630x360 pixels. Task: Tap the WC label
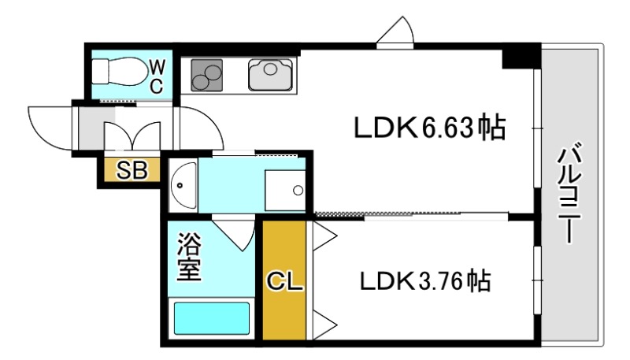tap(157, 76)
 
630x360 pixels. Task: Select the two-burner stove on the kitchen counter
tap(206, 75)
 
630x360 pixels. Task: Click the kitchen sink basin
tap(270, 75)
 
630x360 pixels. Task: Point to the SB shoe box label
tap(132, 170)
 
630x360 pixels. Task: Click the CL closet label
tap(284, 281)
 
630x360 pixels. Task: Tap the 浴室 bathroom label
tap(189, 257)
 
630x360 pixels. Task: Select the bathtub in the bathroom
tap(211, 318)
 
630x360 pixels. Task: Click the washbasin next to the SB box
tap(183, 185)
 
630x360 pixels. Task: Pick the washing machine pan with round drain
tap(285, 191)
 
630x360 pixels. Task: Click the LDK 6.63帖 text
tap(429, 128)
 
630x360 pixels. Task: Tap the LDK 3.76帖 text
tap(425, 281)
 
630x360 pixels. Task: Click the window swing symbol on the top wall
tap(395, 32)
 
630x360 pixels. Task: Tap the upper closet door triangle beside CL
tap(324, 236)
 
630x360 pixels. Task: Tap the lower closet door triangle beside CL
tap(324, 325)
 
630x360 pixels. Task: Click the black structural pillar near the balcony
tap(521, 55)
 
